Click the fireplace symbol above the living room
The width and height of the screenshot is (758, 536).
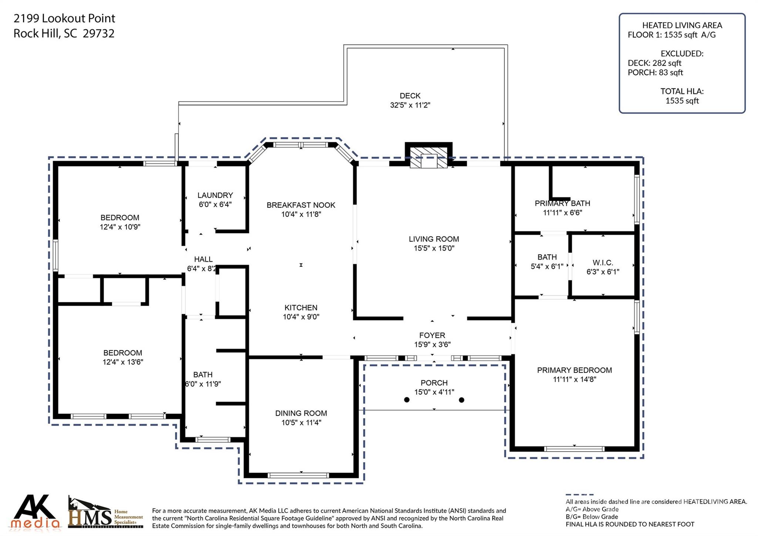pyautogui.click(x=429, y=158)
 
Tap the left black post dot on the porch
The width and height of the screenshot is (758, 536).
pyautogui.click(x=407, y=400)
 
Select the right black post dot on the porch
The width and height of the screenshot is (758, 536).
pyautogui.click(x=462, y=400)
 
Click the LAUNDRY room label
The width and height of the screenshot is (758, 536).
pyautogui.click(x=215, y=195)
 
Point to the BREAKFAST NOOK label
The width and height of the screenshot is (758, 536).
pyautogui.click(x=301, y=205)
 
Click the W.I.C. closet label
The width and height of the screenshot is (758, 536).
pyautogui.click(x=603, y=263)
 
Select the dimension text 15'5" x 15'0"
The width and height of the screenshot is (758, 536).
pyautogui.click(x=434, y=248)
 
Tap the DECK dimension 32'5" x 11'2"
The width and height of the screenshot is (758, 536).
pyautogui.click(x=410, y=105)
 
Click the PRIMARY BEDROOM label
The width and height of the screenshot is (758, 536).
pyautogui.click(x=574, y=370)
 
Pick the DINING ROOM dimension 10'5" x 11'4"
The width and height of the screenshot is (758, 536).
pyautogui.click(x=301, y=423)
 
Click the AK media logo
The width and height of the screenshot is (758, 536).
pyautogui.click(x=36, y=511)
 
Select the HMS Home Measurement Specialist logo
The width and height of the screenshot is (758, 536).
pyautogui.click(x=105, y=512)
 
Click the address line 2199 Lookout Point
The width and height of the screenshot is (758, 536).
pyautogui.click(x=64, y=18)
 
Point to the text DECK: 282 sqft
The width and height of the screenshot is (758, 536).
pyautogui.click(x=654, y=63)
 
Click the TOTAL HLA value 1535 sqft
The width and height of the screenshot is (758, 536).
pyautogui.click(x=682, y=101)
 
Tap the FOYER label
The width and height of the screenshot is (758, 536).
pyautogui.click(x=432, y=335)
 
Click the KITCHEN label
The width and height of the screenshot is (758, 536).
pyautogui.click(x=301, y=307)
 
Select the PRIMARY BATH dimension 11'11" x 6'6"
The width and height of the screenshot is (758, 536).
pyautogui.click(x=562, y=213)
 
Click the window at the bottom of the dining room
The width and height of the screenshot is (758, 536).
pyautogui.click(x=298, y=475)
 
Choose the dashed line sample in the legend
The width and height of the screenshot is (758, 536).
pyautogui.click(x=579, y=495)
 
